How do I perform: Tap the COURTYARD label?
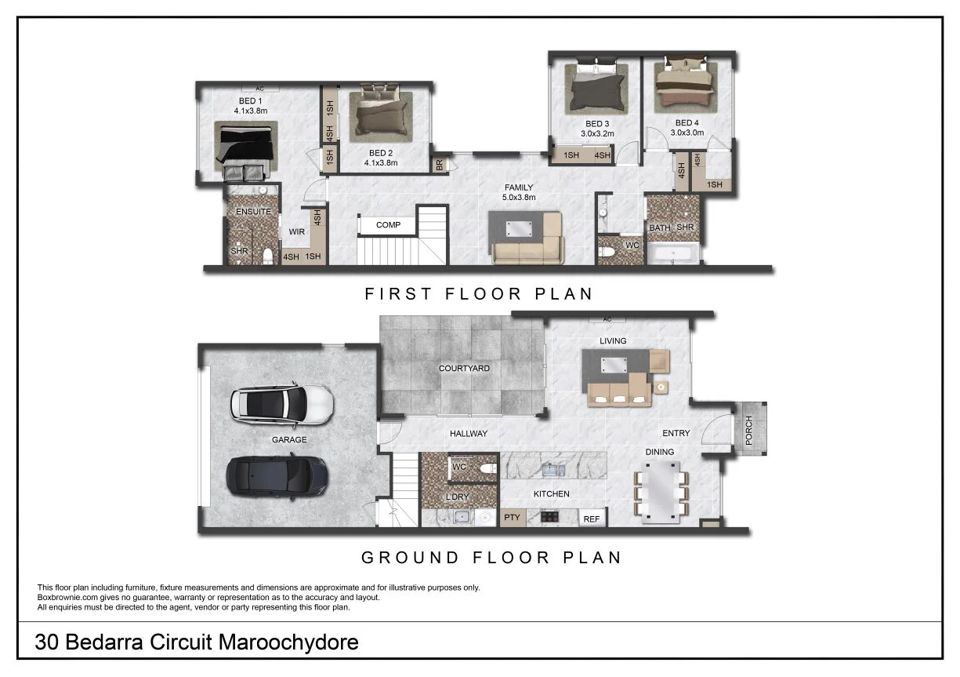click(x=464, y=368)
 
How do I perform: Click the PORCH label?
click(x=749, y=430)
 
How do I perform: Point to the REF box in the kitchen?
click(x=592, y=518)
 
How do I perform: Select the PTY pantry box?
click(x=513, y=518)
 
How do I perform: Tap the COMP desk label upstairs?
click(x=388, y=225)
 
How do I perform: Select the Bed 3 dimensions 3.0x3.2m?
click(x=597, y=133)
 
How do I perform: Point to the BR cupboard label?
click(x=439, y=166)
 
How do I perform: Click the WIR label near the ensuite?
click(x=296, y=232)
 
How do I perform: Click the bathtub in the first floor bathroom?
click(x=675, y=253)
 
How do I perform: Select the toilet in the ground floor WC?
click(x=487, y=468)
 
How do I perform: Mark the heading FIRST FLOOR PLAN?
click(x=479, y=293)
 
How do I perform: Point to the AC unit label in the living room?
click(x=607, y=319)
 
